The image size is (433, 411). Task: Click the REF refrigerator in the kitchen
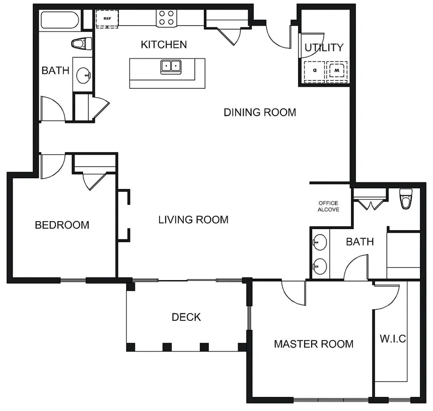point(107,19)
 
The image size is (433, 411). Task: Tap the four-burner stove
point(167,18)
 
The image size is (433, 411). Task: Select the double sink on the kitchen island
point(171,67)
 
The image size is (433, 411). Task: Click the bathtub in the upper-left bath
point(59,20)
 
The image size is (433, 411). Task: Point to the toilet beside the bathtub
point(82,43)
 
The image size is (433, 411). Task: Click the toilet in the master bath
point(406,198)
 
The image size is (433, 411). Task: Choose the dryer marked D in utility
point(315,71)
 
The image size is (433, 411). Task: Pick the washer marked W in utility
point(337,71)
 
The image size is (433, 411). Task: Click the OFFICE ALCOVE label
point(328,207)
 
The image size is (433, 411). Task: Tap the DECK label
point(186,317)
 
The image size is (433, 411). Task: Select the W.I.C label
point(393,338)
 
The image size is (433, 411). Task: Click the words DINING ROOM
point(260,112)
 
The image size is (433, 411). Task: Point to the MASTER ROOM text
point(314,344)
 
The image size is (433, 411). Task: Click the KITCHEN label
point(164,44)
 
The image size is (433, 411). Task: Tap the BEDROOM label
point(62,225)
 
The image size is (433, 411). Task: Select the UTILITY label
point(324,47)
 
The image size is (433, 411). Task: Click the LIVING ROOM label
point(193,220)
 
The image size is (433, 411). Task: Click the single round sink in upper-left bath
point(84,75)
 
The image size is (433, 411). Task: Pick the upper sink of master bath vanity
point(320,242)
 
